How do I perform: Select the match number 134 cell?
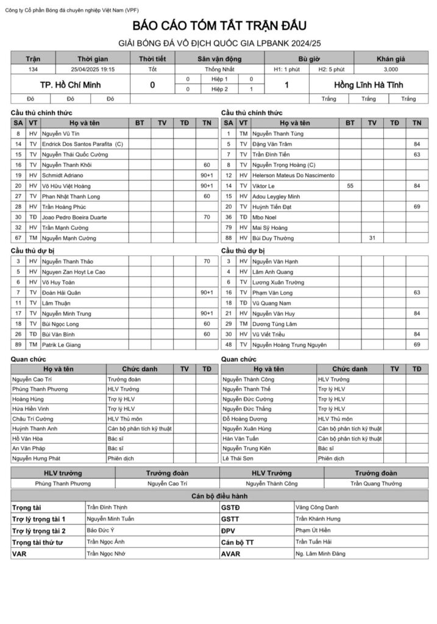pos(33,69)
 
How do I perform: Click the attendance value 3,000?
pos(399,69)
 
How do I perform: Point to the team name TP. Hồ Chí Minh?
pos(70,85)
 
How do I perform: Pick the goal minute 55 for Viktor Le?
pos(350,185)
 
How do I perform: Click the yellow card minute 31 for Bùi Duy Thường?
pos(372,238)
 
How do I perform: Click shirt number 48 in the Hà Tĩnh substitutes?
pos(229,344)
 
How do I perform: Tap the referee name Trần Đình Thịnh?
pos(107,507)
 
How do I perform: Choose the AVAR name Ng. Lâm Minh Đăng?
pos(320,553)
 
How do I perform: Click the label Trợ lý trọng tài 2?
pos(38,530)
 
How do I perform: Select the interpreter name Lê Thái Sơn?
pos(241,459)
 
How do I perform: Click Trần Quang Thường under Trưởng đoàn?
pos(376,483)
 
